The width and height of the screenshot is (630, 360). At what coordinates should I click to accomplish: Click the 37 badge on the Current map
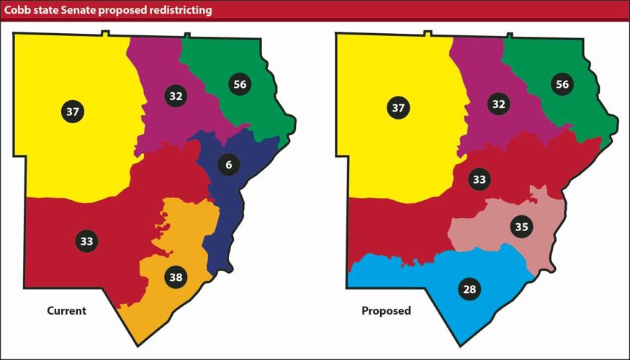click(x=73, y=112)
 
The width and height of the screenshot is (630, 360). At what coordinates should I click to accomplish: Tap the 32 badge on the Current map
click(x=176, y=96)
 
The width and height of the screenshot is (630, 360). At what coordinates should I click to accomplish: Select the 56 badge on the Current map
click(x=240, y=84)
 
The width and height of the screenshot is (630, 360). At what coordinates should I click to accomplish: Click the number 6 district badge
click(x=228, y=165)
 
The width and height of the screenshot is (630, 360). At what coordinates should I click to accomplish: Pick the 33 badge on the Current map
click(x=86, y=241)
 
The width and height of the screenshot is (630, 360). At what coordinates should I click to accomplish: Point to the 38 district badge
click(x=176, y=276)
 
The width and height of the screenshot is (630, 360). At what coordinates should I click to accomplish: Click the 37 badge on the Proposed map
click(x=396, y=109)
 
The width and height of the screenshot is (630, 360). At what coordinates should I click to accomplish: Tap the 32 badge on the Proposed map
click(x=498, y=104)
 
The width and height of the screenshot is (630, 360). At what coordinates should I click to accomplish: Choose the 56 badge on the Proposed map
click(x=562, y=84)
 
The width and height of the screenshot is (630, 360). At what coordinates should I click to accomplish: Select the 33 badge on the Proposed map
click(x=479, y=179)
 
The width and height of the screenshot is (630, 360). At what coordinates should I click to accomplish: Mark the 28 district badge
click(x=469, y=289)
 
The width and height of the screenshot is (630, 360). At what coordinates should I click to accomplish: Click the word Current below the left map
click(x=66, y=311)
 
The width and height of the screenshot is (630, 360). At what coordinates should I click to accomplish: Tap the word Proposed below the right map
click(x=386, y=311)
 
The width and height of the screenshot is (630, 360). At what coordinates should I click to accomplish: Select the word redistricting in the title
click(x=178, y=9)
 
